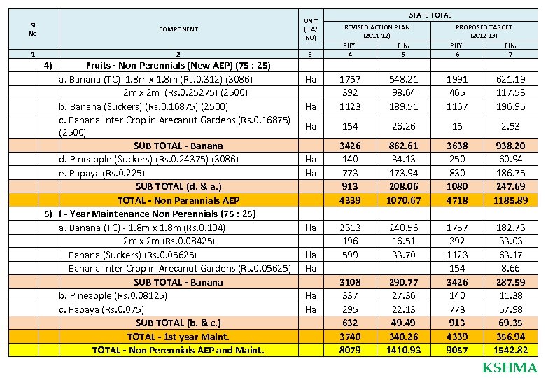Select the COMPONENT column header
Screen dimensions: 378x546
coord(178,29)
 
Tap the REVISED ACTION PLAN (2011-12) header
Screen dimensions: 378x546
coord(377,31)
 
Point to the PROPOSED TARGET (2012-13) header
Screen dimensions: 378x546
coord(484,31)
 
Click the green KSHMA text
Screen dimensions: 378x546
coord(510,368)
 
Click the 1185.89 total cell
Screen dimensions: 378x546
coord(510,200)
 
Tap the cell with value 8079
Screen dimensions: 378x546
coord(349,350)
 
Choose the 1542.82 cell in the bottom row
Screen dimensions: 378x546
coord(510,350)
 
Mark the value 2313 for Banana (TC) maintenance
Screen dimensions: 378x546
coord(349,227)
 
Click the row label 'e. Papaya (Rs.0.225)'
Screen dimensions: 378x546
coord(102,173)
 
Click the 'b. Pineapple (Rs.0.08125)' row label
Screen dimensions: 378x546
coord(113,295)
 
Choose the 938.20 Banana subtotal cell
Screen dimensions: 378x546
coord(510,146)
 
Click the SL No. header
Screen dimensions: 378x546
coord(34,29)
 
